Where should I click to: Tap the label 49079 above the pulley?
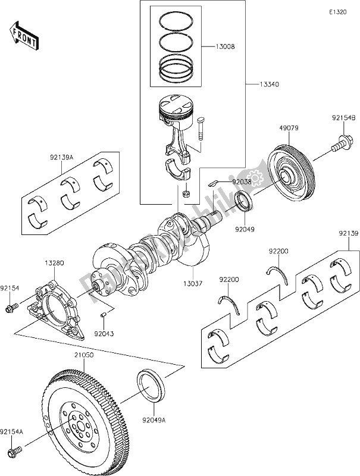(x=289, y=127)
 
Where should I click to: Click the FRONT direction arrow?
(x=24, y=35)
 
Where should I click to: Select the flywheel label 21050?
(x=84, y=354)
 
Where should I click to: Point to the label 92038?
(x=241, y=181)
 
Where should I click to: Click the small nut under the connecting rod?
(x=185, y=193)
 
